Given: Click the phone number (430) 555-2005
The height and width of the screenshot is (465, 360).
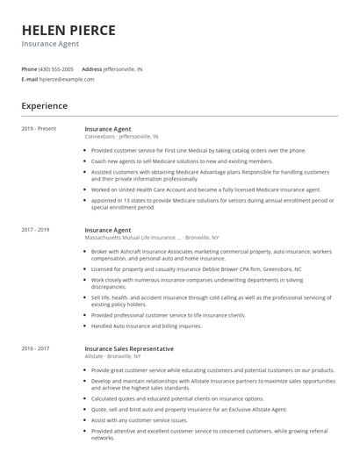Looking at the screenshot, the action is pos(57,68).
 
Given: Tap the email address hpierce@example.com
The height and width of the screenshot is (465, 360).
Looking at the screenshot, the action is pos(67,79).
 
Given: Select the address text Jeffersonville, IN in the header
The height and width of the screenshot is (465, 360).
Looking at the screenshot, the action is pos(123,68).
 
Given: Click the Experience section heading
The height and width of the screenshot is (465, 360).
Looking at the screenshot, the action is pos(44,106).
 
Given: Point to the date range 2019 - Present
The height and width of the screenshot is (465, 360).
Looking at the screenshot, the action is pos(39,129).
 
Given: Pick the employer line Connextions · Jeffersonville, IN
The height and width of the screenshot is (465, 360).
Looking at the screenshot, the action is pos(121,137).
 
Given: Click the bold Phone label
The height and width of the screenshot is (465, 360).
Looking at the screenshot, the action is pos(29,68).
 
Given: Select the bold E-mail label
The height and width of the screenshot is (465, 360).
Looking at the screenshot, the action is pos(29,79).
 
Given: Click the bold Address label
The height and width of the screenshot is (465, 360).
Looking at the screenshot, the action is pos(91,68).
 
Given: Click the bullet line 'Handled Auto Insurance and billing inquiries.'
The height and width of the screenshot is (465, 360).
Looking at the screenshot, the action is pos(146,325).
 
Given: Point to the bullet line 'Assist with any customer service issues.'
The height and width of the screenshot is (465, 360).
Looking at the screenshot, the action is pos(139,419).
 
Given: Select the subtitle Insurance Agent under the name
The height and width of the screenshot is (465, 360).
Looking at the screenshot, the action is pos(50,43).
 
